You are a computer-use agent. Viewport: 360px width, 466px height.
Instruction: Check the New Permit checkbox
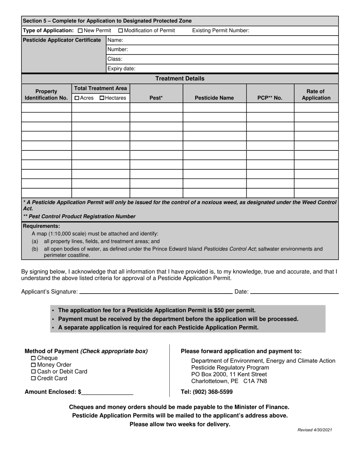(80, 31)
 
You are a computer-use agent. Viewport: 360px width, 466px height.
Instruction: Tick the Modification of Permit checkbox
(121, 31)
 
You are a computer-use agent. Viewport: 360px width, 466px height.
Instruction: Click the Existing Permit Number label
(221, 31)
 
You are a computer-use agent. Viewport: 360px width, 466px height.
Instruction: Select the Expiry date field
(235, 69)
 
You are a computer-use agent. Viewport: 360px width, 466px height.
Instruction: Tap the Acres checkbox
(77, 98)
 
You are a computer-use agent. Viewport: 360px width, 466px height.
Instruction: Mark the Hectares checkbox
(102, 98)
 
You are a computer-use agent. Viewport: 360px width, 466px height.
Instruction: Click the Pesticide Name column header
(214, 98)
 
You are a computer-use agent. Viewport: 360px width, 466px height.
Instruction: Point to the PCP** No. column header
(270, 98)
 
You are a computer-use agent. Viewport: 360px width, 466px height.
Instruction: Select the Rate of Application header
(316, 94)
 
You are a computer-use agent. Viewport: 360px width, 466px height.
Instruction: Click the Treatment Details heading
(180, 78)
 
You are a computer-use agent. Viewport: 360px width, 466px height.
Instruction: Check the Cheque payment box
(33, 358)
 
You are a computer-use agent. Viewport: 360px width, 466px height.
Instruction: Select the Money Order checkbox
(33, 365)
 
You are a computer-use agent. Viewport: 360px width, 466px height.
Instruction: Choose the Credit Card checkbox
(33, 378)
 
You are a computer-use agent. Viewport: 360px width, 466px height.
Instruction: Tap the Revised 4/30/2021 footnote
(315, 430)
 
